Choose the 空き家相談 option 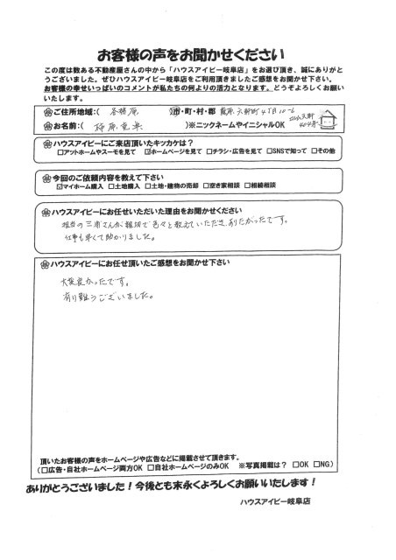[x=229, y=185]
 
